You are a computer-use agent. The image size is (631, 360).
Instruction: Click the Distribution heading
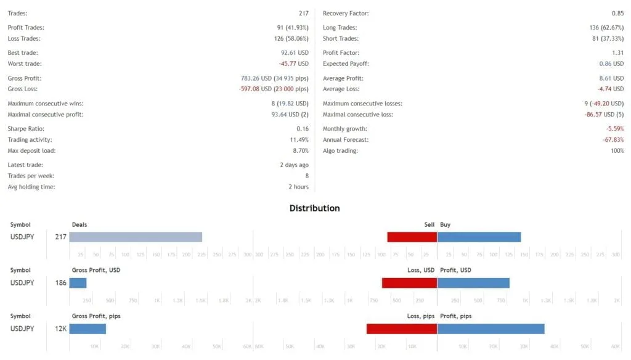coord(314,208)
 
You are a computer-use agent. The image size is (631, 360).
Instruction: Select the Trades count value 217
coord(303,14)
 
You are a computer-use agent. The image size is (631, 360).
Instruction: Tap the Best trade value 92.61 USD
coord(295,53)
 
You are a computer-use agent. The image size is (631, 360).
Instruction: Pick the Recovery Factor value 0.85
coord(617,14)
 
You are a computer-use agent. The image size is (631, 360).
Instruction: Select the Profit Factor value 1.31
coord(617,53)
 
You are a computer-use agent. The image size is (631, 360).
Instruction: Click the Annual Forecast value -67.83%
coord(613,140)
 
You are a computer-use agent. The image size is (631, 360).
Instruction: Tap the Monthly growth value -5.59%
coord(615,129)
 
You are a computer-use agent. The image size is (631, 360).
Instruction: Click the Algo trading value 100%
coord(617,151)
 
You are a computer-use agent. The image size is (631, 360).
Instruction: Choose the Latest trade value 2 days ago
coord(294,165)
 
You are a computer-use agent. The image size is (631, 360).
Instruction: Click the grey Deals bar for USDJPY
coord(136,237)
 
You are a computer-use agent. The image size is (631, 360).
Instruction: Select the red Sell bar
coord(412,237)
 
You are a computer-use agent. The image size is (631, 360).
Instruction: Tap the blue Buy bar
coord(479,237)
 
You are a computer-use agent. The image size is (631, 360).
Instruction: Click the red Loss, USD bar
coord(409,283)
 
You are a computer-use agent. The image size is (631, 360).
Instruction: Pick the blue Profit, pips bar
coord(491,329)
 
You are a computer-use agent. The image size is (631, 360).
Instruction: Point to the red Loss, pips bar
coord(401,329)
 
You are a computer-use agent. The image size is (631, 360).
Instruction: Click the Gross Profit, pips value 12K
coord(60,329)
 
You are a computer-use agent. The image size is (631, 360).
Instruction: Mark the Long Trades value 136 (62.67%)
coord(606,28)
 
